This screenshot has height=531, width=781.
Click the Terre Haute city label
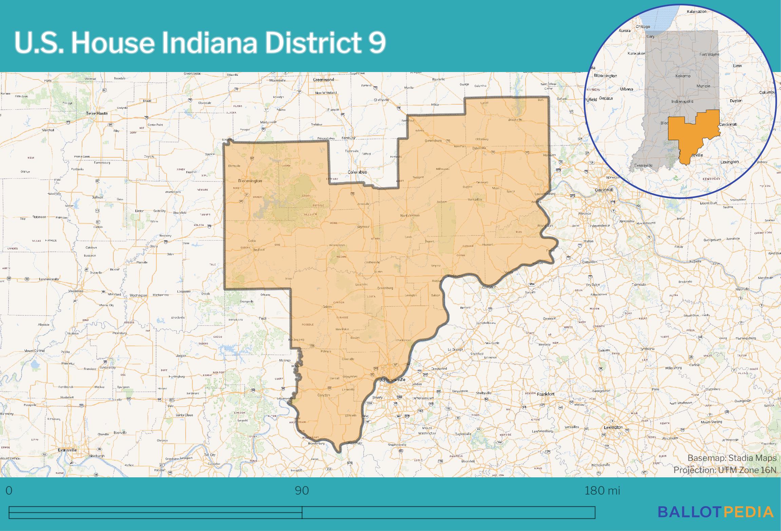pos(97,113)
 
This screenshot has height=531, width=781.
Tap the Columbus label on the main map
pos(357,172)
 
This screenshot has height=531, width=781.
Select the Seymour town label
pos(363,227)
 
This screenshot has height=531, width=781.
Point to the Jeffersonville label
pos(392,379)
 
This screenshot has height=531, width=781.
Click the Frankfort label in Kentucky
pos(546,394)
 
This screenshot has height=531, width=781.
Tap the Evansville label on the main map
pos(67,450)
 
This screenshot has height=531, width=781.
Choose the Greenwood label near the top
pos(323,80)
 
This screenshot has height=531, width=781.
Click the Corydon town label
pos(323,395)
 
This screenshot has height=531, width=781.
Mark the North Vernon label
pos(410,215)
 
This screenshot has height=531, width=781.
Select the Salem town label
pos(327,307)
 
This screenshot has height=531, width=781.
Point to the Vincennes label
pos(75,291)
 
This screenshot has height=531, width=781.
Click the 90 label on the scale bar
pos(302,491)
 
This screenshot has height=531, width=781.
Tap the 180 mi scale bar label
pos(602,491)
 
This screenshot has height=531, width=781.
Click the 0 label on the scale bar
pos(9,491)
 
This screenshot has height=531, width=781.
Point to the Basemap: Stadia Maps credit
pos(732,458)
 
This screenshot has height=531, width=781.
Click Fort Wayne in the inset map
pos(709,54)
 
